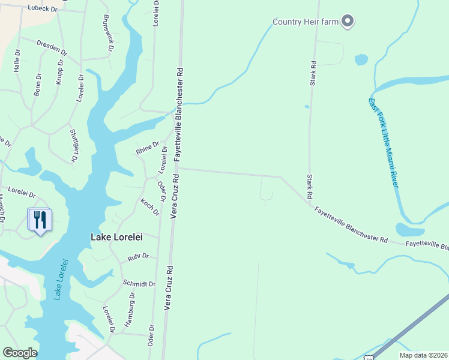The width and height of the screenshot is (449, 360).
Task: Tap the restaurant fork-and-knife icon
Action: pos(40,220)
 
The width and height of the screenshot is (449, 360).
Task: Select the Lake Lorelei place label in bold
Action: pos(116,237)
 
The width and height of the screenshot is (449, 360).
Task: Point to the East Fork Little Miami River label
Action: pos(384,143)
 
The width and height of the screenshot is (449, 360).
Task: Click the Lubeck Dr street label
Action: pos(43,8)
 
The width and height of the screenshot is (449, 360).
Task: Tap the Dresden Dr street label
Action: pos(51,47)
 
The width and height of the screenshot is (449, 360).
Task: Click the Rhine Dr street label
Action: pos(148,148)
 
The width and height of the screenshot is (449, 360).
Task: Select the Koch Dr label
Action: pos(150,207)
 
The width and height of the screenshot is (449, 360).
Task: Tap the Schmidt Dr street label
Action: pos(139,283)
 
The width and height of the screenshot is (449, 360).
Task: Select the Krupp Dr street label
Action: pos(60,71)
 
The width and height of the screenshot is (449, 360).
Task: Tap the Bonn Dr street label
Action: pos(38,84)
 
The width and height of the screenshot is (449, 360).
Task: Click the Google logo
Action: pos(20,353)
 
